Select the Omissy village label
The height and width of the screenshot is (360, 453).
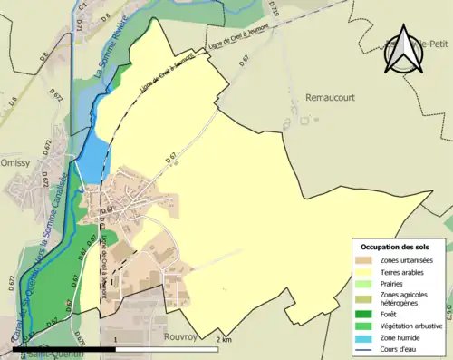point(16,163)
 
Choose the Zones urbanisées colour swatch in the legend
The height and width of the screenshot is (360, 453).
point(367,261)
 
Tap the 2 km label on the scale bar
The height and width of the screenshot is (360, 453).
point(226,340)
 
